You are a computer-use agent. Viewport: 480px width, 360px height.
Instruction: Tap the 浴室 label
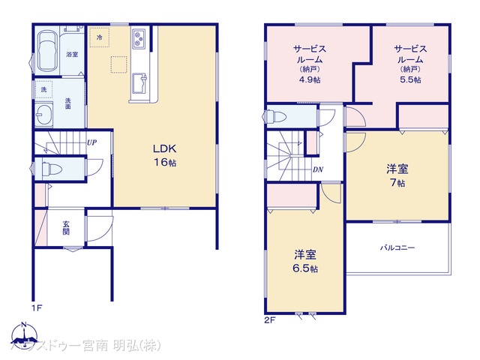[72, 55]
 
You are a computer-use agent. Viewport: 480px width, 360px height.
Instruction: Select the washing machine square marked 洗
[43, 89]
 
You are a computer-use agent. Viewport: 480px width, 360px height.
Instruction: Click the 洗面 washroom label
[68, 104]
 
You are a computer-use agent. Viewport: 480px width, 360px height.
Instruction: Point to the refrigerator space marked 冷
[98, 36]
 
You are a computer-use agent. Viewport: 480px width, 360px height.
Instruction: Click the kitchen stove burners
[140, 38]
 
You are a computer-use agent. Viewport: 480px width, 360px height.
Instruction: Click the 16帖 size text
[165, 162]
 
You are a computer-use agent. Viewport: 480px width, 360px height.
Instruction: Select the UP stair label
[91, 143]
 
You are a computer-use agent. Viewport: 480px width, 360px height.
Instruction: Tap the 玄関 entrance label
[66, 226]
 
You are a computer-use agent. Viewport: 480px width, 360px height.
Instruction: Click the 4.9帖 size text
[309, 79]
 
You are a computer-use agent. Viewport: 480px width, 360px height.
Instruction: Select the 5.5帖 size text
[410, 79]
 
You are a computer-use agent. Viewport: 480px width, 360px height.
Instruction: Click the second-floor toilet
[274, 116]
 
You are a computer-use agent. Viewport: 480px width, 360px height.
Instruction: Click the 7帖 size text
[397, 183]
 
